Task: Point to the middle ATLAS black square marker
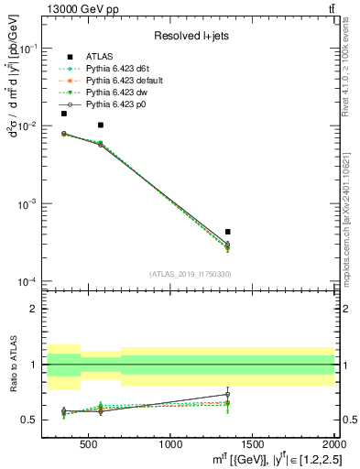tap(101, 125)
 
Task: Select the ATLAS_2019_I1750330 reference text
tap(190, 273)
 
